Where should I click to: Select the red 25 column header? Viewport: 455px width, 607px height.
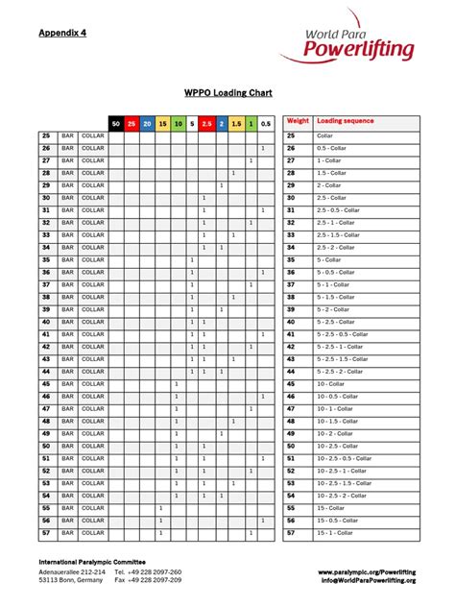[132, 123]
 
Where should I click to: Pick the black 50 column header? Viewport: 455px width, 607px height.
[116, 123]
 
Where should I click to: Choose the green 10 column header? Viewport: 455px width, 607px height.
[177, 123]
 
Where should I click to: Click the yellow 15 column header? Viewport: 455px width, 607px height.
[161, 123]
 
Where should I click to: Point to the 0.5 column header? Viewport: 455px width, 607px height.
[265, 123]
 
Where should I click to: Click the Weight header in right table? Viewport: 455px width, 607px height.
[298, 122]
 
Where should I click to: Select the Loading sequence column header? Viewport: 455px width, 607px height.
[346, 122]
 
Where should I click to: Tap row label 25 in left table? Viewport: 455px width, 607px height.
[45, 136]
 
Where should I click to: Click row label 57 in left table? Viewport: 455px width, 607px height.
[45, 532]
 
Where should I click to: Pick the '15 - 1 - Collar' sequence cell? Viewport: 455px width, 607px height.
[338, 532]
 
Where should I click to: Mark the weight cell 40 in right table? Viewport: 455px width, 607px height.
[292, 322]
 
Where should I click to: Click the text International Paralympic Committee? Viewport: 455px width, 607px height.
[92, 561]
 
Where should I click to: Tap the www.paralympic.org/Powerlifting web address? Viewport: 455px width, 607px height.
[368, 571]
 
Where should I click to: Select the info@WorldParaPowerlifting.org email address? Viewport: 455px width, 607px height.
[369, 580]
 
